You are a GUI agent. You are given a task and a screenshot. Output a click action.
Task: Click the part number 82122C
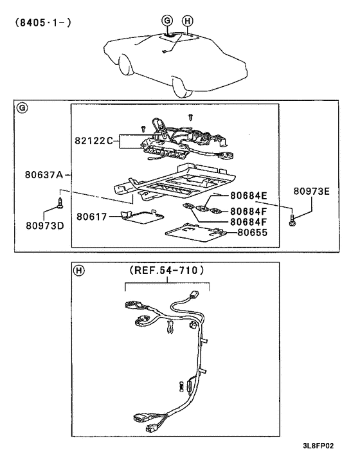[x=94, y=141]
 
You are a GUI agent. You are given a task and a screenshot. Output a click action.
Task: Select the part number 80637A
[x=44, y=175]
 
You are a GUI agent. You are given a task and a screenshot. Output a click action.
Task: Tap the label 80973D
[x=45, y=226]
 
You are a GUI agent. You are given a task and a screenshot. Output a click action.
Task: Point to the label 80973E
[x=311, y=191]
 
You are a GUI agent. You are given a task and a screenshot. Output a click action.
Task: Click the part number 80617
[x=92, y=217]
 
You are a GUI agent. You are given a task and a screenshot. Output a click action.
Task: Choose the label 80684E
[x=249, y=195]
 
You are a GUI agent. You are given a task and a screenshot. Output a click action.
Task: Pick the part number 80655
[x=253, y=233]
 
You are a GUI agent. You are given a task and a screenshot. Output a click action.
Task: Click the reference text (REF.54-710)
[x=166, y=271]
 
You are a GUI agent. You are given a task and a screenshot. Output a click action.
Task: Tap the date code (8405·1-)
[x=43, y=23]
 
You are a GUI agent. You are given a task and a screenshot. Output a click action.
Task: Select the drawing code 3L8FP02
[x=318, y=446]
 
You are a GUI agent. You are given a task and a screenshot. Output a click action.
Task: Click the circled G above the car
[x=167, y=21]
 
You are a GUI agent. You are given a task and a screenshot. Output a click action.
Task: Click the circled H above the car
[x=188, y=21]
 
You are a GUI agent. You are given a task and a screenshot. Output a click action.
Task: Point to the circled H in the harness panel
[x=78, y=271]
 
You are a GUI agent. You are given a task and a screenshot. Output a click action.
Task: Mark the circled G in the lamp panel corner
[x=22, y=108]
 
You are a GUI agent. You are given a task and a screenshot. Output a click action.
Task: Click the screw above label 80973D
[x=60, y=203]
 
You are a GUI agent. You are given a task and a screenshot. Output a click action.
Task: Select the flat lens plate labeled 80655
[x=192, y=233]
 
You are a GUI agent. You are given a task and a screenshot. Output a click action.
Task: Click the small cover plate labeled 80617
[x=143, y=217]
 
